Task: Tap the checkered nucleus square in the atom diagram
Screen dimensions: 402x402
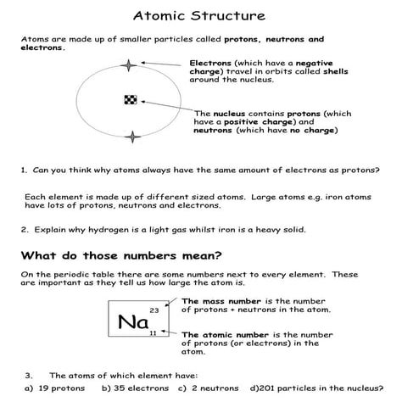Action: pos(130,100)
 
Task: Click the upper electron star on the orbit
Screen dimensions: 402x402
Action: pos(129,65)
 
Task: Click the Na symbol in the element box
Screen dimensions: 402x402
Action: pos(132,322)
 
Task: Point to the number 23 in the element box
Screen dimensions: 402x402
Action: pos(154,311)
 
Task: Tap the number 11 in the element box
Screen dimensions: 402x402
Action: pos(153,334)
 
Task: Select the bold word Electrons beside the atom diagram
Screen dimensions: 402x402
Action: pos(209,63)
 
